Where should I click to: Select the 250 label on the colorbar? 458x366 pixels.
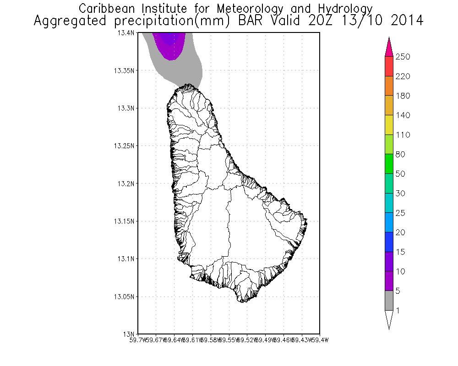pos(403,57)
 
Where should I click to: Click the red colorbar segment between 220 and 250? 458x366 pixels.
pos(389,66)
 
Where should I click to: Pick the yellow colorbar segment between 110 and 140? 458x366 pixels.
pos(389,125)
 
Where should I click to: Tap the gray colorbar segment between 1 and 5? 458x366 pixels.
pos(389,301)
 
